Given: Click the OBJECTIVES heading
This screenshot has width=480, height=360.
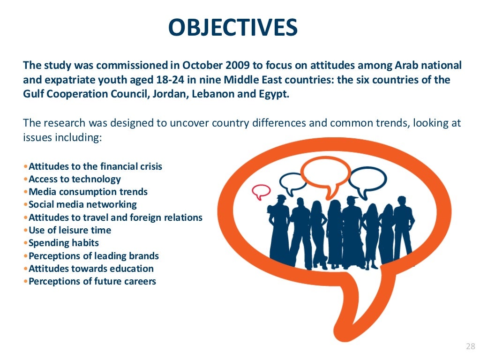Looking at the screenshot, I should pos(233,28).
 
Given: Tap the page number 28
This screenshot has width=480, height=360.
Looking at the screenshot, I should pos(470,346).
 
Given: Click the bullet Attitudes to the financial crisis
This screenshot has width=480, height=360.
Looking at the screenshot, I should pos(95,166).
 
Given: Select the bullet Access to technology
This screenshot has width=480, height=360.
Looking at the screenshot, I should pos(75,179).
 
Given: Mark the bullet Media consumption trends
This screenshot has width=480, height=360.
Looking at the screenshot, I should pos(88,192).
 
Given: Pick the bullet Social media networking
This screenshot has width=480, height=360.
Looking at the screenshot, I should pos(82,204).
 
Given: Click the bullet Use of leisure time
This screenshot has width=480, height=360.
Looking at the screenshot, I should pos(70,230).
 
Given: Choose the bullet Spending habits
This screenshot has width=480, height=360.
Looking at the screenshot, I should pos(64,243).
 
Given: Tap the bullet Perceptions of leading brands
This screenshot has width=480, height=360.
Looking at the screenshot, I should pos(94,256).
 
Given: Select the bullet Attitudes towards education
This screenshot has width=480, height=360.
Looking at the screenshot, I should pos(91,269).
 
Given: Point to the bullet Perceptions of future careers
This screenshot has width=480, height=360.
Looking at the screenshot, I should pos(92,281).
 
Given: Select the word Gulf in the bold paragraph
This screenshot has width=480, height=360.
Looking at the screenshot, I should pos(33,94).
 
